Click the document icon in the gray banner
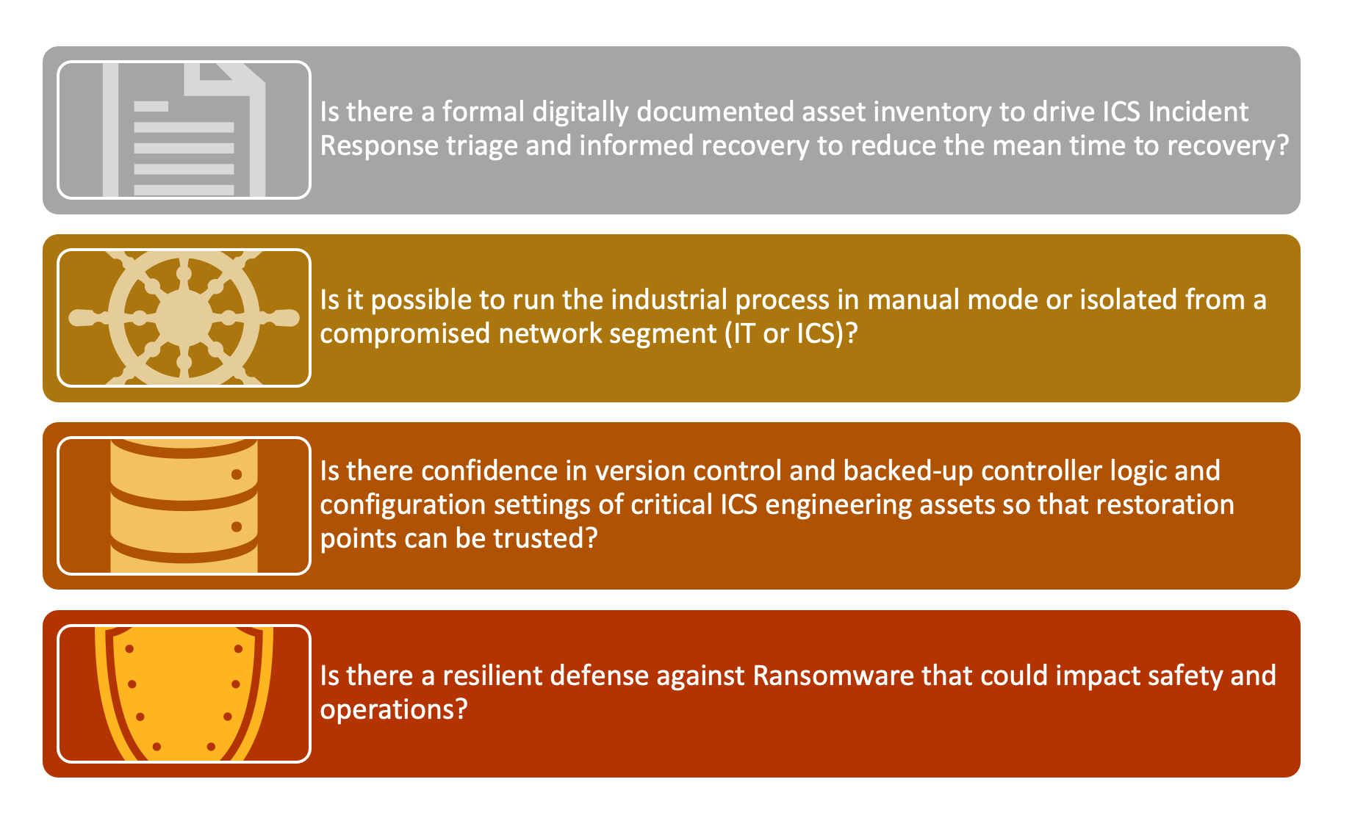184,130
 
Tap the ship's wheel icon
184,318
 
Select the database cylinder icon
184,506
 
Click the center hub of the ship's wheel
184,318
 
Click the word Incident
1198,112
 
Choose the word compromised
406,335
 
